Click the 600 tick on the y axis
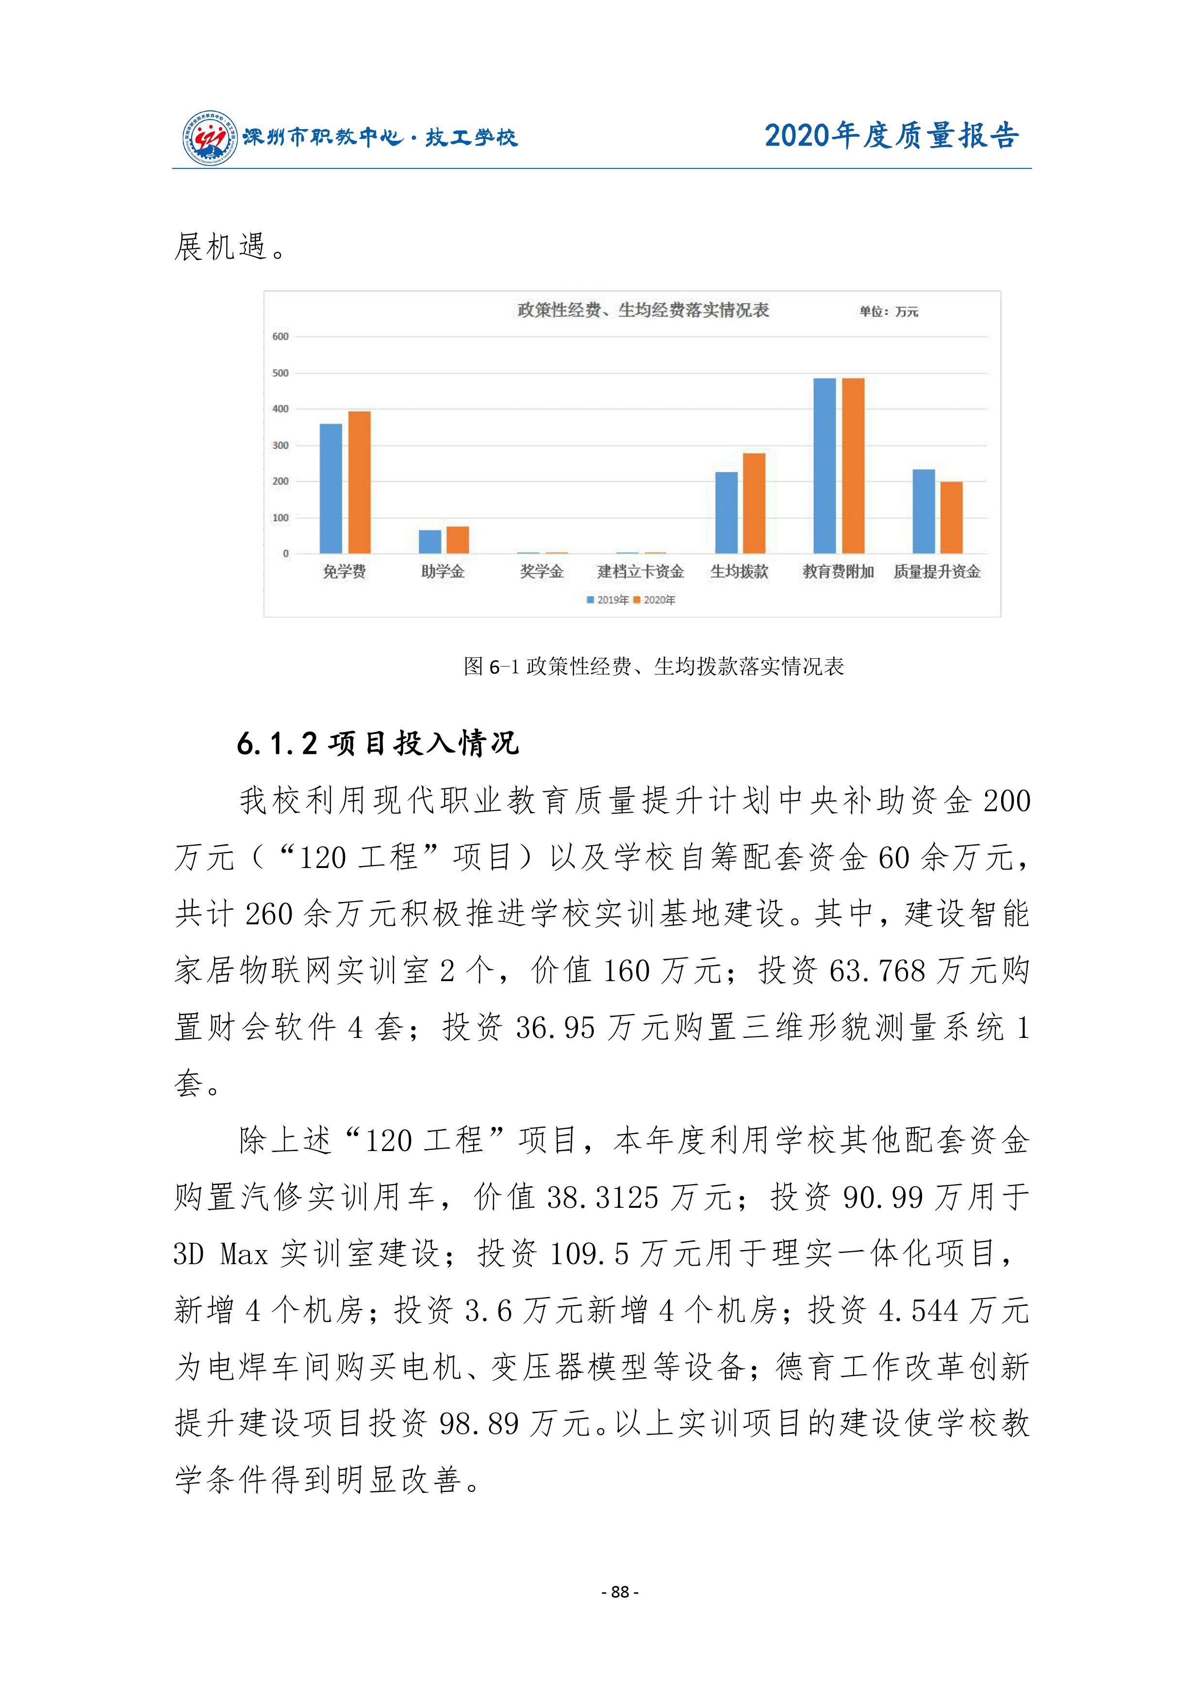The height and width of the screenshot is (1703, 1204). click(280, 337)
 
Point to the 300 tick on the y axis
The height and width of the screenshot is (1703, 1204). click(280, 446)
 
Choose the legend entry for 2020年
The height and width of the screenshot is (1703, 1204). click(655, 600)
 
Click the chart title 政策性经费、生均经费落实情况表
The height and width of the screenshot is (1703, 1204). click(643, 310)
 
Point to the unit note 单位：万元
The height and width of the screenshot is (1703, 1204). click(888, 312)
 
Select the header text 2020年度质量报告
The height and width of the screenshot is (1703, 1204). click(892, 136)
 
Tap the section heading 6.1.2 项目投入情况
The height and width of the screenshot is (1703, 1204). click(378, 743)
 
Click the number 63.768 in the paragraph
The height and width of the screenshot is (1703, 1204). click(877, 971)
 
